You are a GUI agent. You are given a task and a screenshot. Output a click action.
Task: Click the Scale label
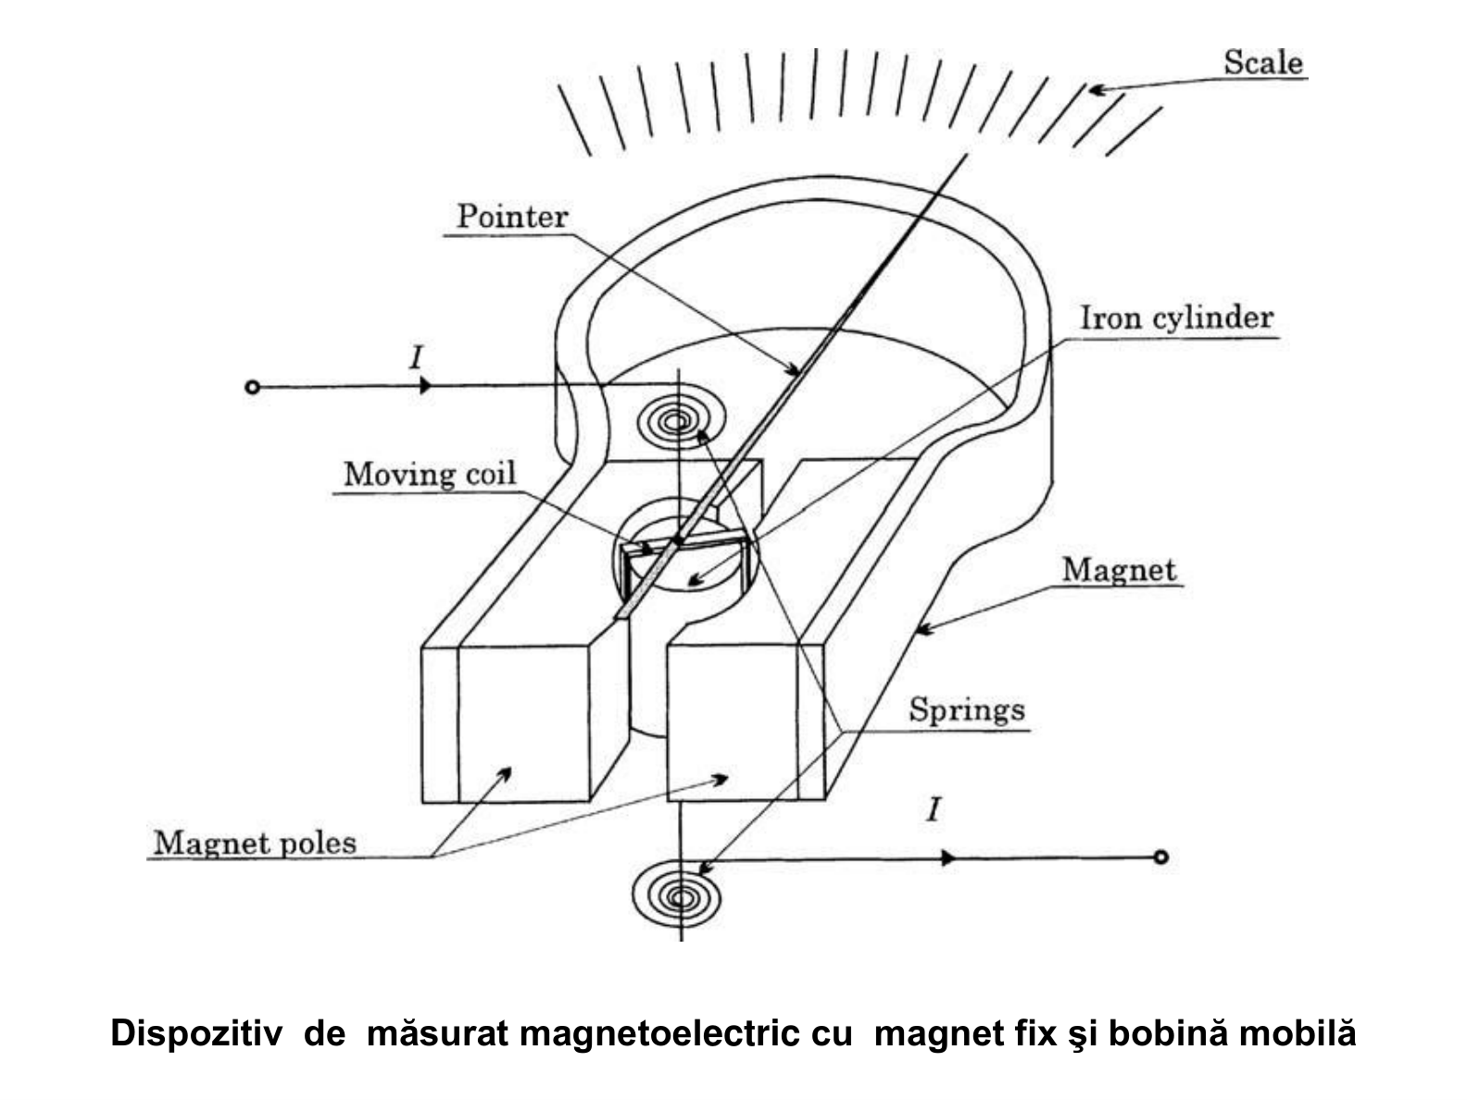[x=1263, y=63]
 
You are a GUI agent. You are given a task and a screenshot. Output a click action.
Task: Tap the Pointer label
[x=512, y=217]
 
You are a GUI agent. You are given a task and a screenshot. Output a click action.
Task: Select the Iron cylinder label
[x=1177, y=318]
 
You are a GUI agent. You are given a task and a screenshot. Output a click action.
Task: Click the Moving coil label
[x=430, y=474]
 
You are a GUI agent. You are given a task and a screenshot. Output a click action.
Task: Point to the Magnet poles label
[x=255, y=844]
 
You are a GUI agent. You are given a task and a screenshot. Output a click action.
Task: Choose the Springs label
[x=966, y=710]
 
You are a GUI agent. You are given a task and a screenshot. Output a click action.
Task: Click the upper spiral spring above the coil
[x=681, y=421]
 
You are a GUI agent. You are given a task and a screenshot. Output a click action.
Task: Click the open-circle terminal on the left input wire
[x=252, y=387]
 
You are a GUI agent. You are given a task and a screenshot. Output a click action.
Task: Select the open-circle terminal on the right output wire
[x=1160, y=856]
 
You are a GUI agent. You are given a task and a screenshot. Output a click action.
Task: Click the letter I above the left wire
[x=416, y=358]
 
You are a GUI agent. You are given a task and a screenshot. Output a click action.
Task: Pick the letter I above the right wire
[x=934, y=810]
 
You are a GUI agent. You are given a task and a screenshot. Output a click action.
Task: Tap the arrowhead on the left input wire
[x=425, y=385]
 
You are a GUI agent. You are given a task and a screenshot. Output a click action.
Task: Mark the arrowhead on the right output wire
[x=947, y=858]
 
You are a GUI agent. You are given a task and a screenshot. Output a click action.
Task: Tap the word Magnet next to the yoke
[x=1119, y=569]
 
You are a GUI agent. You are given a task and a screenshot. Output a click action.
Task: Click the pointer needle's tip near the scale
[x=966, y=155]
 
